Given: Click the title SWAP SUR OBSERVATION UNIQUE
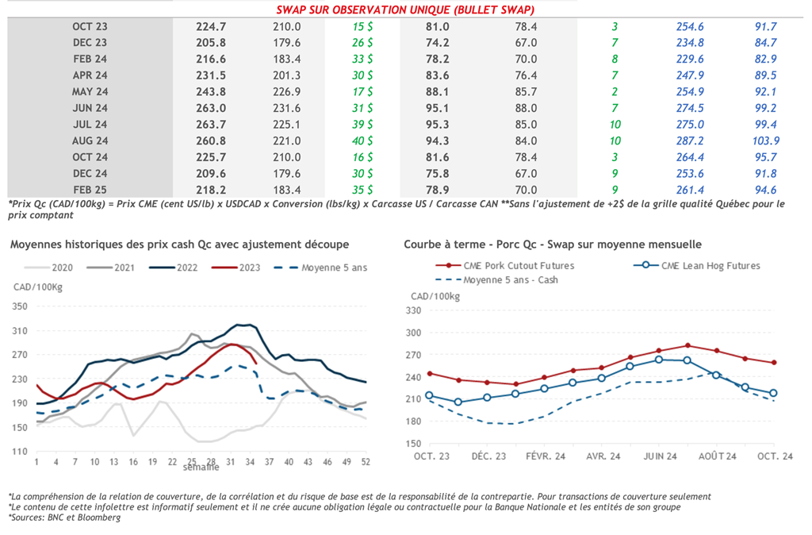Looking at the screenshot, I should coord(404,10).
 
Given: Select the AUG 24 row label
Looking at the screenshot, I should coord(90,141).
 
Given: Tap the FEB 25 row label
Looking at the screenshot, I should coord(90,190).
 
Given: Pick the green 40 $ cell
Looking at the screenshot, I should coord(362,141).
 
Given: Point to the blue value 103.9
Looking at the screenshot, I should coord(765,141).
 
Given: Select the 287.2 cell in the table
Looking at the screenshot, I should coord(690,141).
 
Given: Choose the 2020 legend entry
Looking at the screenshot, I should coord(60,267).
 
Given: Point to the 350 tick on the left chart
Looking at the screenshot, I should coord(19,306).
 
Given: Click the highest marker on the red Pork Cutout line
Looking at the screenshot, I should coord(688,345).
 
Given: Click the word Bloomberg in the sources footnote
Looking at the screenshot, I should coord(101,518).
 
